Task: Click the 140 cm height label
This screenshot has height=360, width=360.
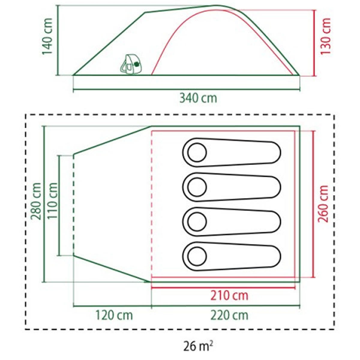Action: pyautogui.click(x=47, y=36)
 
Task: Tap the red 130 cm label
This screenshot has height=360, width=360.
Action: pyautogui.click(x=325, y=36)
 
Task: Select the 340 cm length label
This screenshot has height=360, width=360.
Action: pyautogui.click(x=198, y=98)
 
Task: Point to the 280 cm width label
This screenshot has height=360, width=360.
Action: pyautogui.click(x=36, y=201)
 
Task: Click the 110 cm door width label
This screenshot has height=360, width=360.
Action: pyautogui.click(x=52, y=201)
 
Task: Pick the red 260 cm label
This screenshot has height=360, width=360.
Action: pyautogui.click(x=323, y=204)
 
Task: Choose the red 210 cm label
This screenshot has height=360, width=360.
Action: pyautogui.click(x=229, y=296)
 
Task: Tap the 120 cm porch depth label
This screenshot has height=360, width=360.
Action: pyautogui.click(x=114, y=315)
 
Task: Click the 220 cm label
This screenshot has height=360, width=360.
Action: pyautogui.click(x=229, y=315)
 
